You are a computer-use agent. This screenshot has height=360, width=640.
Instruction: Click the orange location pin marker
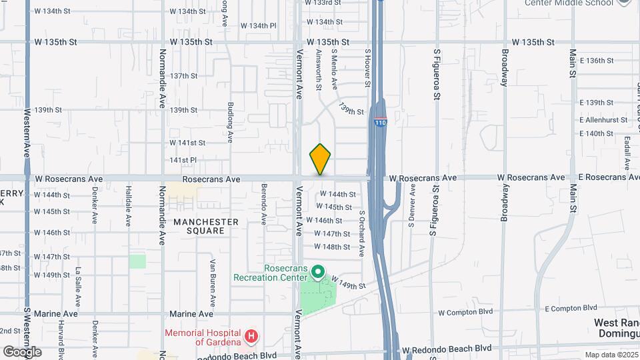tap(320, 159)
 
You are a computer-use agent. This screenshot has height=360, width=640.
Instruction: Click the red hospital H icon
tap(251, 336)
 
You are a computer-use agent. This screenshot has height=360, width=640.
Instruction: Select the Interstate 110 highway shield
tap(381, 122)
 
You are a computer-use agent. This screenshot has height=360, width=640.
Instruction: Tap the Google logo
tap(22, 351)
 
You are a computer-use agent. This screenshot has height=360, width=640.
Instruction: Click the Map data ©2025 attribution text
tap(611, 355)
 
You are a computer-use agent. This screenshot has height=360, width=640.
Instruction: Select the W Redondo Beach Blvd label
tap(446, 349)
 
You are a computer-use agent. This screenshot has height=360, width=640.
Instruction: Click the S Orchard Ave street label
tap(361, 234)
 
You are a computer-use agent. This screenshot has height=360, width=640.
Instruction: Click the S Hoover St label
tap(367, 68)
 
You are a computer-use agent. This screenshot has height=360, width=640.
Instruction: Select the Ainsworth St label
tap(319, 71)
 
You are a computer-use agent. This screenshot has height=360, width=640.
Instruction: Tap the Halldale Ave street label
tap(128, 207)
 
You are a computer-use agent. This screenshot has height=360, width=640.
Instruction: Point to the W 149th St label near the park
tap(348, 285)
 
